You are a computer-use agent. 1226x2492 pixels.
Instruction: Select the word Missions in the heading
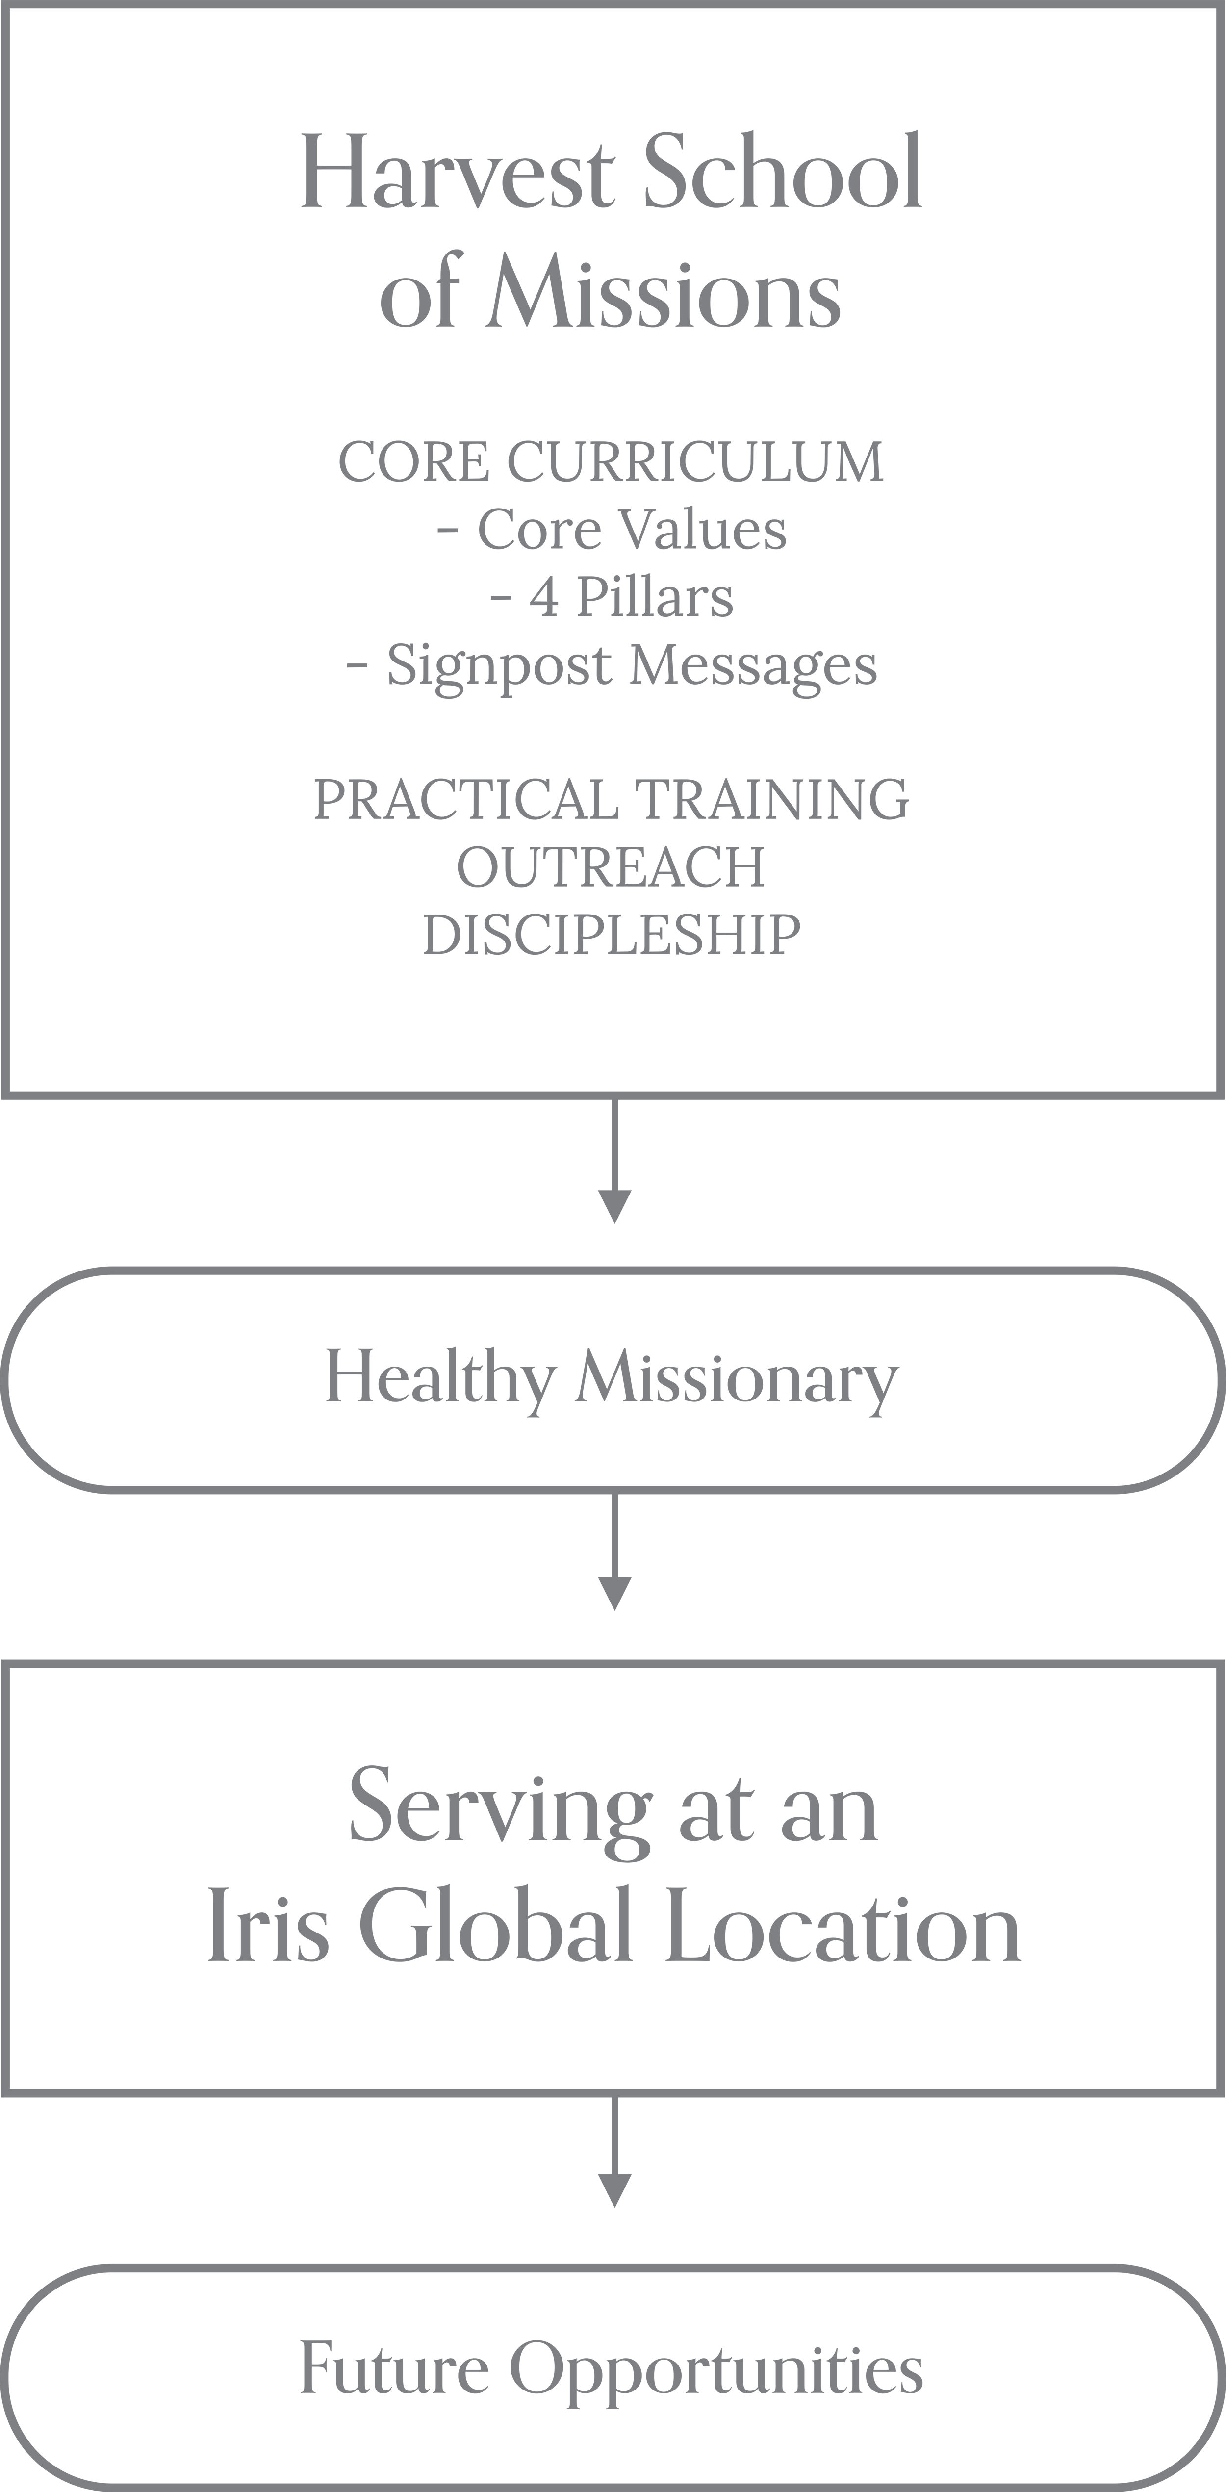(x=663, y=295)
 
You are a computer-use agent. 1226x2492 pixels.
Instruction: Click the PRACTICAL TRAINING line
(x=612, y=800)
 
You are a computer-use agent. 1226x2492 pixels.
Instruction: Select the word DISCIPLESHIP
(x=612, y=935)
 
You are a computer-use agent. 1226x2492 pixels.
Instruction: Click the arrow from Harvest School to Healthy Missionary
(x=614, y=1161)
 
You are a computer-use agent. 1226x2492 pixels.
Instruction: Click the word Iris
(x=268, y=1930)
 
